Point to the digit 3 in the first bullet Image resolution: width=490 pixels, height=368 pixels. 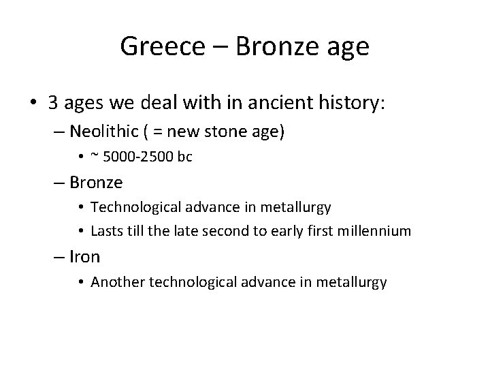[x=53, y=103]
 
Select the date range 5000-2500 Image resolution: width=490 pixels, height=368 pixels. [x=138, y=157]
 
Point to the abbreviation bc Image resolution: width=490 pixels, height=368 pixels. [x=184, y=157]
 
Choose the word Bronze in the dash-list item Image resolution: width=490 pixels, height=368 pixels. [x=96, y=183]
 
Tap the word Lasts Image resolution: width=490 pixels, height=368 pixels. [x=106, y=231]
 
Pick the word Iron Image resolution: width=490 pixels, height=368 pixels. [x=85, y=256]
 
